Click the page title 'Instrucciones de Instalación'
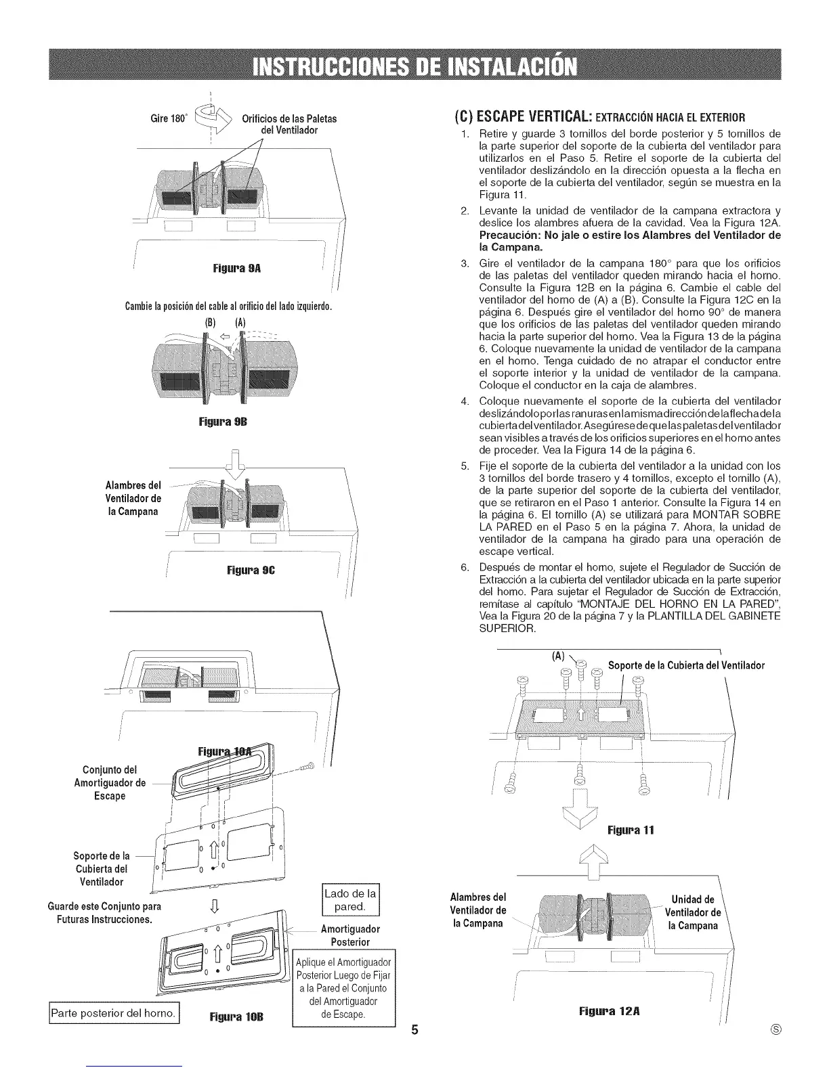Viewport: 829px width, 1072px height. [x=414, y=67]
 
